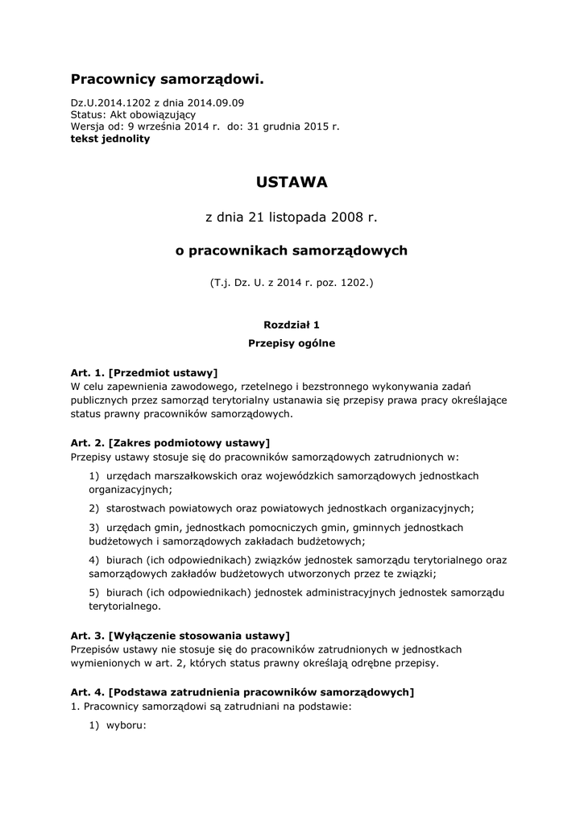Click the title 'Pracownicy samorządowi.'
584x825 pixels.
167,79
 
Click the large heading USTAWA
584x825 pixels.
292,183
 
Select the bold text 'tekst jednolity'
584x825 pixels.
110,139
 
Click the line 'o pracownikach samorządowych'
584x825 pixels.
292,251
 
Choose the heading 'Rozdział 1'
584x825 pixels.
292,325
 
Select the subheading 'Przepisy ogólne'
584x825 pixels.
292,343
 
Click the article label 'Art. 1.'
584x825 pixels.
88,372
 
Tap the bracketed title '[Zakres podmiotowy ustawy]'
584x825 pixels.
189,442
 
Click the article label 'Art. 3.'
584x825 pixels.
88,635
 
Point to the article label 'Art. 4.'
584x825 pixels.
88,691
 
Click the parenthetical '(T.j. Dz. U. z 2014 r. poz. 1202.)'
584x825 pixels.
292,284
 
